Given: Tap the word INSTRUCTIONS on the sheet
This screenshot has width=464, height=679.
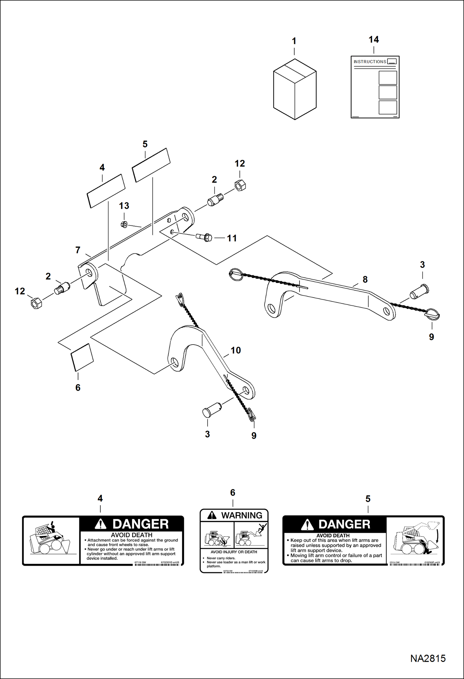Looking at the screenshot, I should coord(370,62).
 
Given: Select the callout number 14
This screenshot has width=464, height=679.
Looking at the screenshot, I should coord(374,40).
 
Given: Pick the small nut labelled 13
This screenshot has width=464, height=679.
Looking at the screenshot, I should coord(124,224).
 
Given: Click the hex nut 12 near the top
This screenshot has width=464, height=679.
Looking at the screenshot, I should coord(240,185).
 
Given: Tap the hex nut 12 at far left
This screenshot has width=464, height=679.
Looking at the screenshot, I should coord(36,303).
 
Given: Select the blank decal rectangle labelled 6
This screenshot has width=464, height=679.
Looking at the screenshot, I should coord(82,357).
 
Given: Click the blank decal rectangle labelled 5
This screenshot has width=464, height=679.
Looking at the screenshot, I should coord(151,165).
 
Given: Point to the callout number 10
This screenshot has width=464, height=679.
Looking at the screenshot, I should coord(235,350).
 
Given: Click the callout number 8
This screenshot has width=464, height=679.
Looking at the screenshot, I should coord(365,279).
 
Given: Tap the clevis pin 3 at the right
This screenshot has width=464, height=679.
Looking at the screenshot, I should coord(420,292).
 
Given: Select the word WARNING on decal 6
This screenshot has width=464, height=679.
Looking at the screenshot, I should coord(242,515).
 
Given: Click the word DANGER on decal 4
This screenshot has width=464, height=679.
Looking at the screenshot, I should coord(140,524).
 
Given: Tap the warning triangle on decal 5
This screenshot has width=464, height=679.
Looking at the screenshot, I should coord(307,525).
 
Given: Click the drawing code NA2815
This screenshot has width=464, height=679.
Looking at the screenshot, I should coord(427,658).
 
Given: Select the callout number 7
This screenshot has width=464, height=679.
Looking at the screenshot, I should coord(78,250).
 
